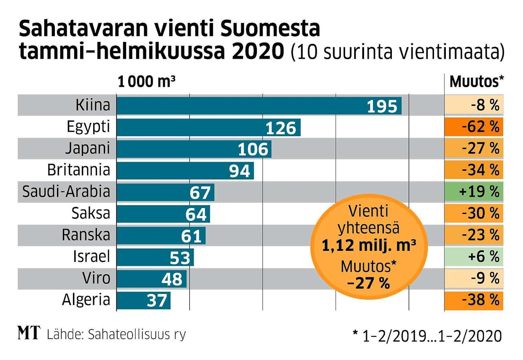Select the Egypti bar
(208, 127)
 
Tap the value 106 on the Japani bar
(253, 149)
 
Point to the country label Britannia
(78, 170)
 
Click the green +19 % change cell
(474, 192)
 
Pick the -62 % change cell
(474, 127)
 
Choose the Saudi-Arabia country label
(66, 192)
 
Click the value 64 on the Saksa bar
(196, 214)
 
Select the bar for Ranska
(161, 235)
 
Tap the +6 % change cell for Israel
(474, 257)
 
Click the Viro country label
(97, 278)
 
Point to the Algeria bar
(143, 300)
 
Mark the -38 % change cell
(474, 300)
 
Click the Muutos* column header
(477, 82)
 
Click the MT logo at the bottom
(28, 333)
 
